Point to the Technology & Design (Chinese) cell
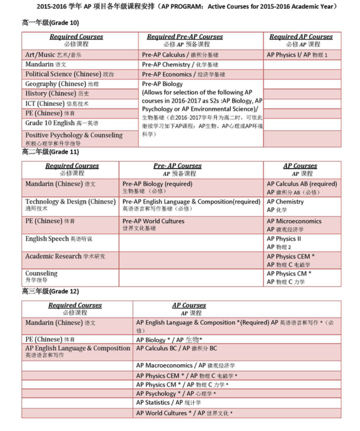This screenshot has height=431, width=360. [x=70, y=204]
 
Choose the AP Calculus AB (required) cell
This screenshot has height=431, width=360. [x=302, y=187]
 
